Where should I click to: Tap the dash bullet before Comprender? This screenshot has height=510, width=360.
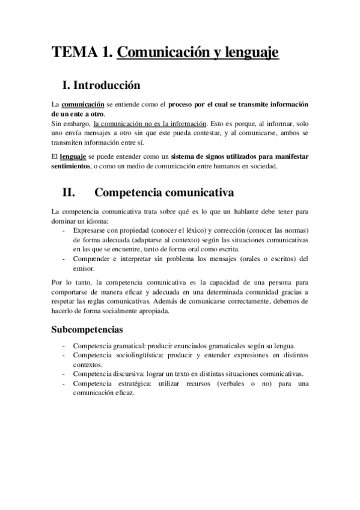64,259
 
